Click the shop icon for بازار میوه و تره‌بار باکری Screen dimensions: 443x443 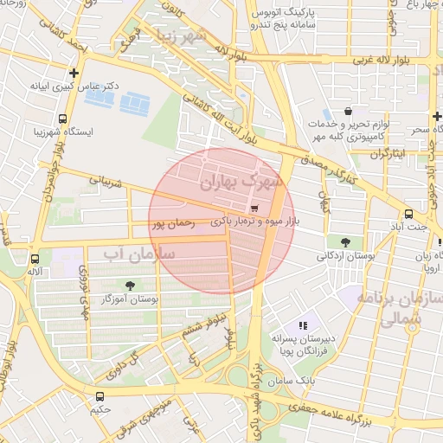point(254,209)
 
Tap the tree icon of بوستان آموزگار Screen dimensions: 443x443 point(131,285)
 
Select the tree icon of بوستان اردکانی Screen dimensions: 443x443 point(346,241)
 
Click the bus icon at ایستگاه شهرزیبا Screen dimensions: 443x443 point(62,119)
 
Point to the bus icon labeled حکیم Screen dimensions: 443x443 point(100,396)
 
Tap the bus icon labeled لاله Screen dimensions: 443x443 point(35,259)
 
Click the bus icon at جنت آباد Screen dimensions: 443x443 point(408,214)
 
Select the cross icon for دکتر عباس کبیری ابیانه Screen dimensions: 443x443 point(74,74)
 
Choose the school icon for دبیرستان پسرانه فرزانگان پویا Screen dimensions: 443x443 point(302,325)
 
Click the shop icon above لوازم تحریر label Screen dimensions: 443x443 point(348,112)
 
